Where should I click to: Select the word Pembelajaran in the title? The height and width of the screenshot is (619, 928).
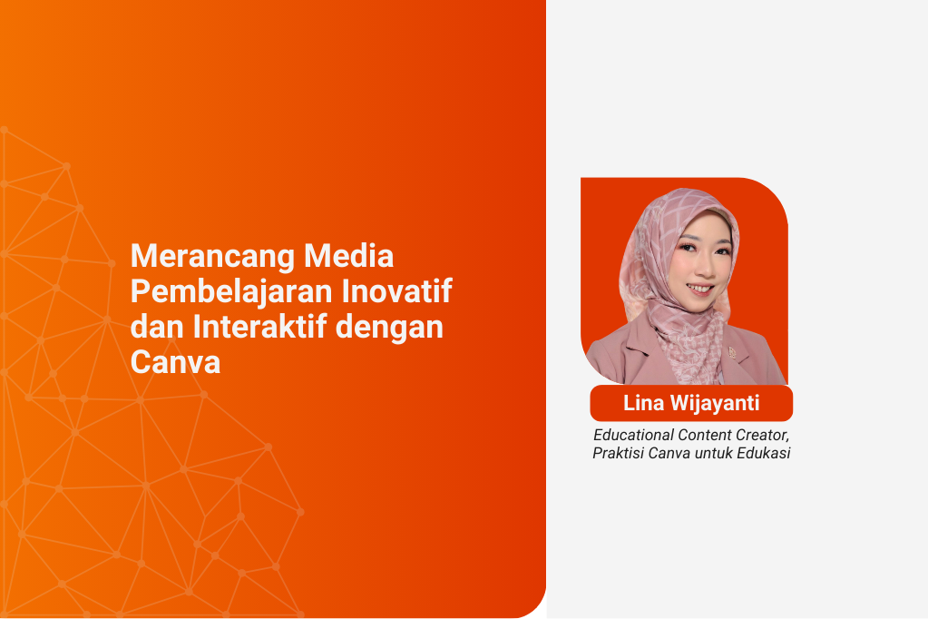click(x=233, y=292)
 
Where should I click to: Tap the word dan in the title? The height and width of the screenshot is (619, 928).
click(x=157, y=327)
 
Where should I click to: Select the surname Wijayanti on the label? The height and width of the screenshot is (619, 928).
click(x=715, y=404)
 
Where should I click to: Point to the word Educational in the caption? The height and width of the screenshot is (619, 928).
click(x=634, y=435)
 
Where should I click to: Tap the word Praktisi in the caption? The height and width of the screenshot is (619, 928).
click(x=620, y=454)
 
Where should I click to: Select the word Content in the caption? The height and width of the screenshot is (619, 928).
click(x=708, y=435)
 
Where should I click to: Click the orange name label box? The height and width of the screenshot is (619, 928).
click(x=691, y=404)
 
